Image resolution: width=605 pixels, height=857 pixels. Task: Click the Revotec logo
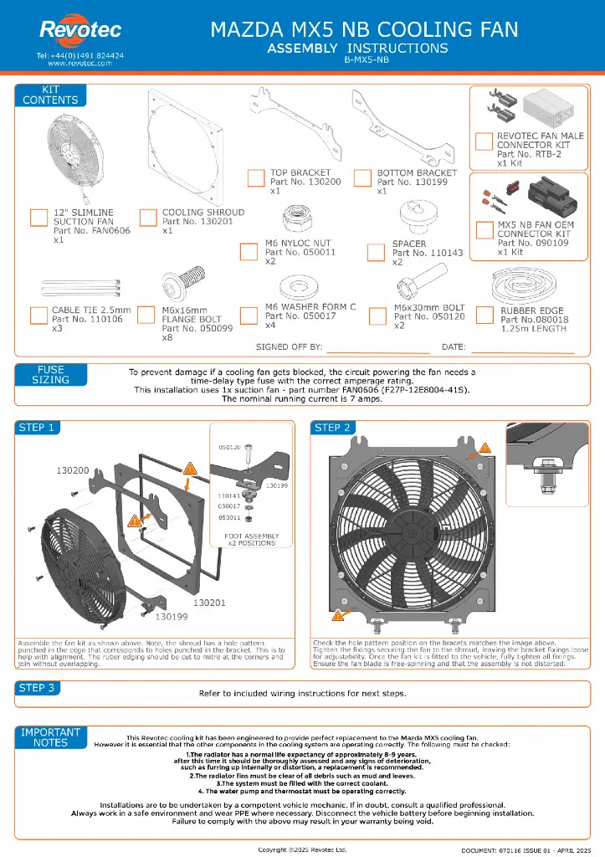click(x=79, y=32)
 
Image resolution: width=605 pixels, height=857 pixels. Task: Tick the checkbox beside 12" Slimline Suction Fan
click(x=38, y=218)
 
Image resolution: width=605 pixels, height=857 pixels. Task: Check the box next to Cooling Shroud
click(x=148, y=218)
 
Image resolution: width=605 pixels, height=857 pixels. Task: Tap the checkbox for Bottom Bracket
click(x=362, y=177)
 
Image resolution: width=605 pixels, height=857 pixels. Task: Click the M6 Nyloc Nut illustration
click(x=299, y=219)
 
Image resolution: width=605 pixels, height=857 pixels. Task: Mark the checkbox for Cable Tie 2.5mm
click(x=38, y=315)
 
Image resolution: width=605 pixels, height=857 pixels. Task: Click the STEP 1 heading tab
click(x=37, y=428)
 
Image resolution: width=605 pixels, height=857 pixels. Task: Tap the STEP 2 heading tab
click(x=332, y=428)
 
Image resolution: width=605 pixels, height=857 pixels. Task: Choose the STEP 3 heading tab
click(x=37, y=688)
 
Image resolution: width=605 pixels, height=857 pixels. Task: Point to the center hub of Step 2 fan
click(x=416, y=528)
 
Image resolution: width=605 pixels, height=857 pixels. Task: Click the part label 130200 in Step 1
click(x=73, y=471)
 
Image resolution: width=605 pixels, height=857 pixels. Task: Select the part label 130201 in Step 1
click(x=211, y=602)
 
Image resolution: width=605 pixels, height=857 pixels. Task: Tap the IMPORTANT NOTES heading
click(x=51, y=736)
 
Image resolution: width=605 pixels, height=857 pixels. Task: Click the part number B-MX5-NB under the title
click(x=367, y=59)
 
